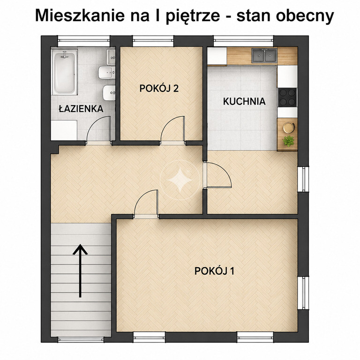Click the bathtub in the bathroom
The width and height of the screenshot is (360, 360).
[65, 72]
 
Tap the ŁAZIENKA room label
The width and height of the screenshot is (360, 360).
[81, 109]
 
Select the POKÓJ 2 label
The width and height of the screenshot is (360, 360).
[159, 89]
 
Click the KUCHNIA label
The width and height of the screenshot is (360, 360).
[244, 101]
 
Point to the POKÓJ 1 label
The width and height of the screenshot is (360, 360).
[214, 271]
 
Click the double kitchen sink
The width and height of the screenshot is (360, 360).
[264, 56]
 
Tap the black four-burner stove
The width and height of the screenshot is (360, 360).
[287, 97]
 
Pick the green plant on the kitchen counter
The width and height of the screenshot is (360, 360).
[288, 141]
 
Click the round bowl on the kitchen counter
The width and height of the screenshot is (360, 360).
[289, 127]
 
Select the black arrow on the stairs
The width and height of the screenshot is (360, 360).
[80, 271]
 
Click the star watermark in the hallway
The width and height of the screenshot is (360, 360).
[180, 180]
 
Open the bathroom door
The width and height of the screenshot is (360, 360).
[98, 129]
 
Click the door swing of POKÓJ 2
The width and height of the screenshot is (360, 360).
[172, 129]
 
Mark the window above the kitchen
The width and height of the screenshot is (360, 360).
[244, 41]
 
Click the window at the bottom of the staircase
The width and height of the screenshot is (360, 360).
[80, 339]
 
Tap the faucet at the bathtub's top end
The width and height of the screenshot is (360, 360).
[65, 55]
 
